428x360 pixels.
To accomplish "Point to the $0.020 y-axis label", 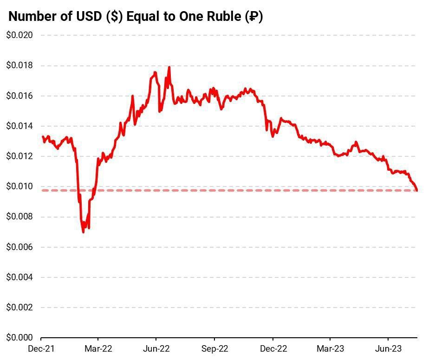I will [19, 35].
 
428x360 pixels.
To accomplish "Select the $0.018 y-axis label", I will [19, 65].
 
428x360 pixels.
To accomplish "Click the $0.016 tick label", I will [19, 96].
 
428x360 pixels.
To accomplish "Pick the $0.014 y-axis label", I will [19, 126].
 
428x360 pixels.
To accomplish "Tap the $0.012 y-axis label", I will [19, 156].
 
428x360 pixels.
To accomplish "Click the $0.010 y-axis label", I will [19, 186].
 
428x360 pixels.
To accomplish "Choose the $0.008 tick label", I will [19, 217].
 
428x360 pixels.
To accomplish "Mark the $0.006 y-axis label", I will [19, 247].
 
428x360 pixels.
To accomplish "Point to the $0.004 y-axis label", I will [19, 277].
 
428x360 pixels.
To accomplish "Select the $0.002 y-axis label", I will [19, 308].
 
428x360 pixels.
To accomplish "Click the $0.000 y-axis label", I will [19, 338].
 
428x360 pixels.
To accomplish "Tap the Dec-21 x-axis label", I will [41, 348].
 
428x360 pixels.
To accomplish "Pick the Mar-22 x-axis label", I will [98, 348].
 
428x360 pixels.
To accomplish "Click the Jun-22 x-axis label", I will [156, 348].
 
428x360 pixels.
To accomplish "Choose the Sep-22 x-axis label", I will [214, 348].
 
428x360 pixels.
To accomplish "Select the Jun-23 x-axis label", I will [388, 348].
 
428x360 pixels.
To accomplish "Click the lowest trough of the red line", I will [84, 231].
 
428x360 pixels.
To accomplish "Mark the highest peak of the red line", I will [169, 67].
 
